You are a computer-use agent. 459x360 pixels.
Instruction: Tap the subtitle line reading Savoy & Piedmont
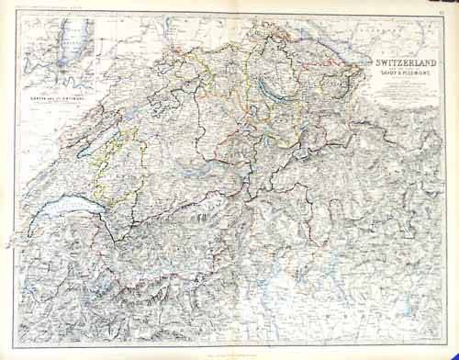(397, 75)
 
